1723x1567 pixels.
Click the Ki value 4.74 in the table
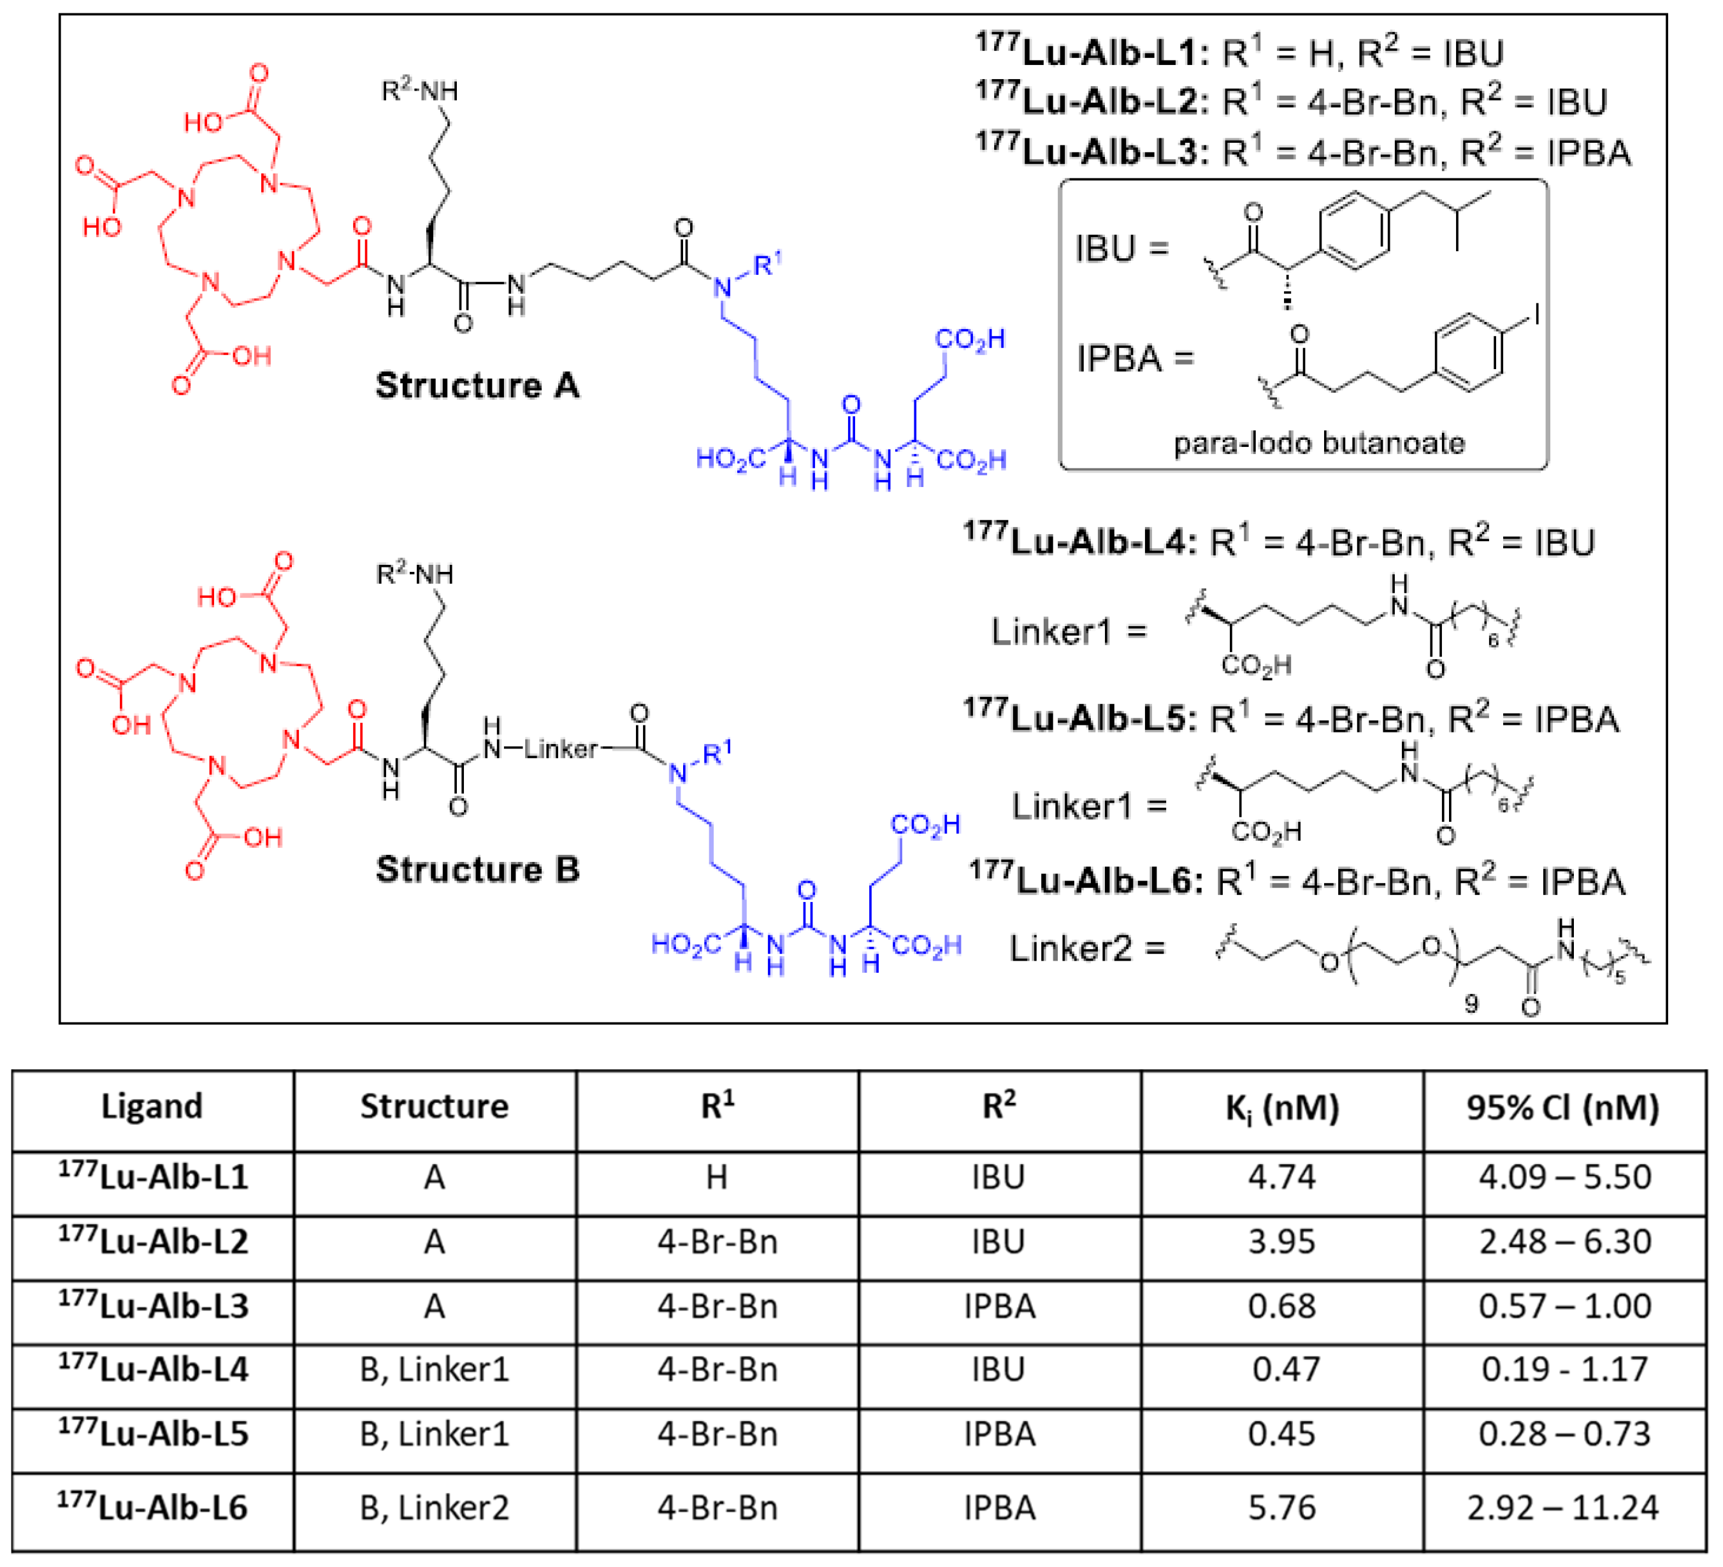(x=1281, y=1177)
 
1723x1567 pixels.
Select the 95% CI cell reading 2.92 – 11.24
(x=1562, y=1507)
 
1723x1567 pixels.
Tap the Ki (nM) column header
(x=1281, y=1108)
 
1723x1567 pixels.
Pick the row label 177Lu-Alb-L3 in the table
(x=153, y=1306)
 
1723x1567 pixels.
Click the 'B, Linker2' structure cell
(x=434, y=1507)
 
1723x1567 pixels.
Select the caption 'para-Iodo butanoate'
(x=1319, y=443)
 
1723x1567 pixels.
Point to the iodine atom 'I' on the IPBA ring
(x=1536, y=316)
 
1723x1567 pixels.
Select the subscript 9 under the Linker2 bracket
(x=1471, y=1003)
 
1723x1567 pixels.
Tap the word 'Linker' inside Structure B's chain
(x=560, y=749)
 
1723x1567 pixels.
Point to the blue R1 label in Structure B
(x=717, y=753)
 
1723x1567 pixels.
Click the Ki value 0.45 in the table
(x=1281, y=1434)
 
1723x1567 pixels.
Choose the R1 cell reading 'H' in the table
(x=716, y=1177)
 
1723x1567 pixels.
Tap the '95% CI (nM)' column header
(x=1562, y=1108)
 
